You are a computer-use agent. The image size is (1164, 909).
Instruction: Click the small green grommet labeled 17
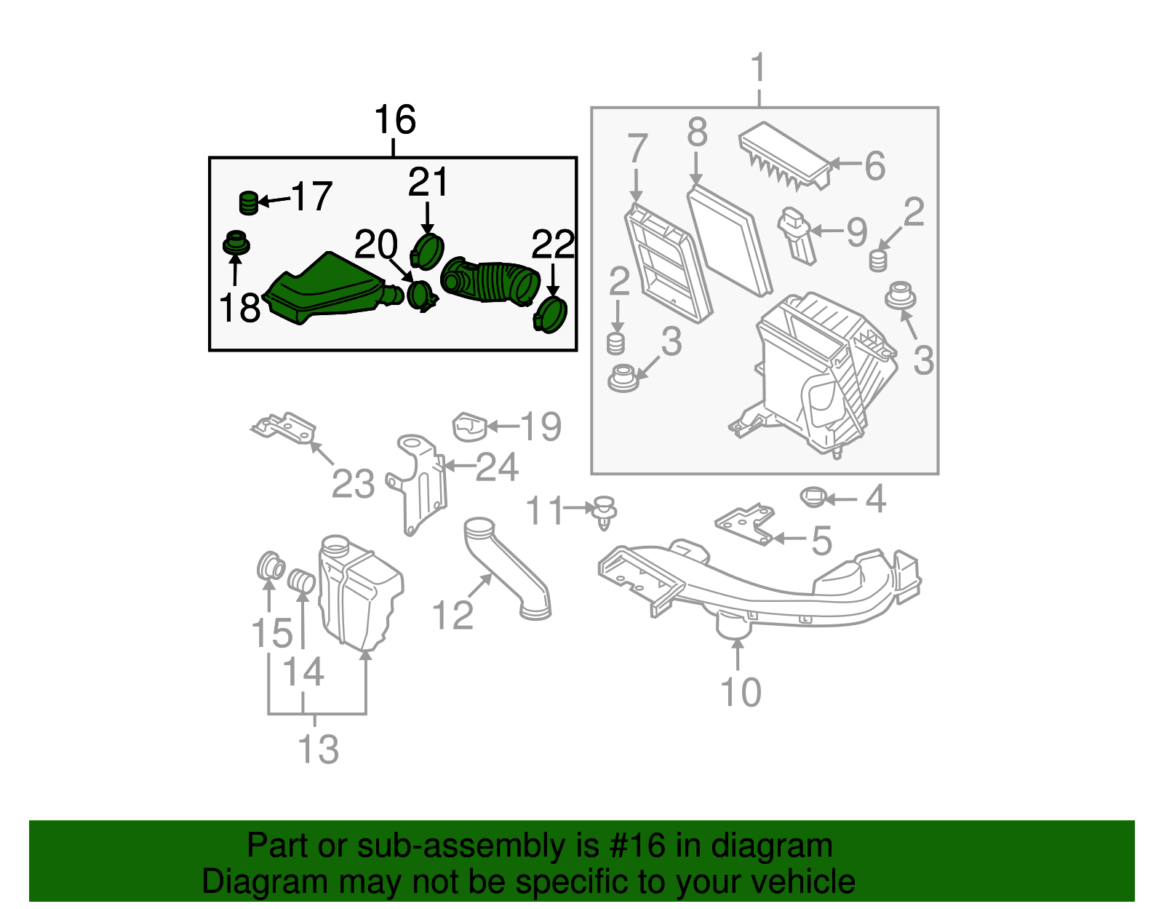coord(248,203)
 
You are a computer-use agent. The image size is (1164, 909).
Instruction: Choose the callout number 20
coord(375,245)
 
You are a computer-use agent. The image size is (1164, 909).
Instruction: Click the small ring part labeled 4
coord(813,498)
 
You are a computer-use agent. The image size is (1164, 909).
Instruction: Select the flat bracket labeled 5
coord(744,524)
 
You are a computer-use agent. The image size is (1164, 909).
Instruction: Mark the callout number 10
coord(741,692)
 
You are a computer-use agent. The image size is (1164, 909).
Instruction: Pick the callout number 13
coord(318,749)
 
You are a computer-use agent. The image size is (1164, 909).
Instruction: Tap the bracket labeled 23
coord(284,429)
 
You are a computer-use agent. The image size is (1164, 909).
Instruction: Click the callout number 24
coord(497,467)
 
